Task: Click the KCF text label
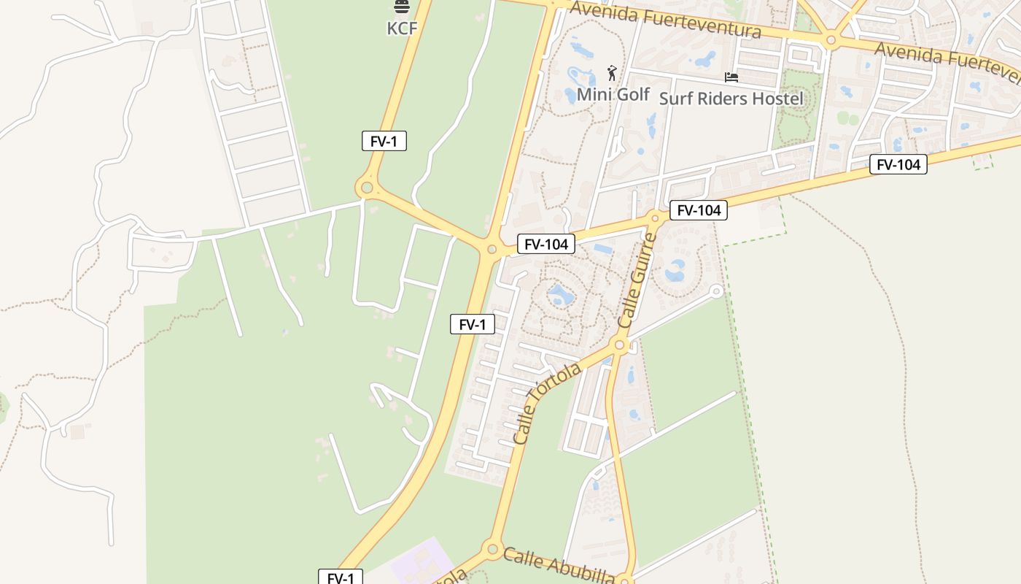[402, 28]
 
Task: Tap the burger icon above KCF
[402, 7]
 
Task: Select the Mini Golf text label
[613, 94]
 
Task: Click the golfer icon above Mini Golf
[612, 73]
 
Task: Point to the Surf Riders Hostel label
[731, 98]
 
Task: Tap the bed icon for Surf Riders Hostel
[731, 77]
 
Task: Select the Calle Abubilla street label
[558, 565]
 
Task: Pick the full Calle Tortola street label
[547, 404]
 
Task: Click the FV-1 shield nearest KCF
[384, 141]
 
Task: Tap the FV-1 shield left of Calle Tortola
[472, 324]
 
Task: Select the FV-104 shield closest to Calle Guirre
[698, 210]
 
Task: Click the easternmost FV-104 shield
[898, 164]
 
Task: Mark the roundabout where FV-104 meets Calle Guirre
[655, 218]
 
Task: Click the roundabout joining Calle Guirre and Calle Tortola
[620, 345]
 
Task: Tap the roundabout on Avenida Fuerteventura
[830, 40]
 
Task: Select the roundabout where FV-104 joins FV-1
[492, 250]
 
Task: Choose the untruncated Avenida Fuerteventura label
[665, 20]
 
